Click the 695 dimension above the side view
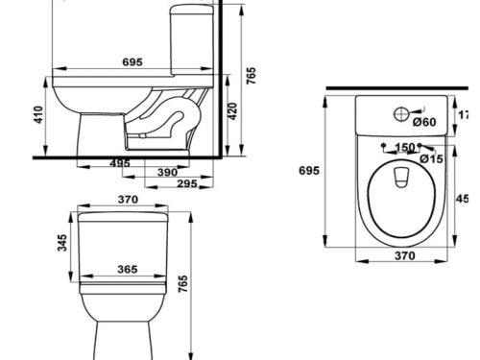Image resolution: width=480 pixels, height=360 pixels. coord(132,61)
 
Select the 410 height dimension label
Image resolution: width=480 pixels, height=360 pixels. coord(38,116)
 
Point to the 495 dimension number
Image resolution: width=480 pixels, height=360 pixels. coord(120,164)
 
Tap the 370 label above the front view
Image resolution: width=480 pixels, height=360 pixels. coord(128,200)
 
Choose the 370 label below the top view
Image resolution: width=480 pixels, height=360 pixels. coord(404,256)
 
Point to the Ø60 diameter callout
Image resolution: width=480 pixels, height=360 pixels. coord(424,122)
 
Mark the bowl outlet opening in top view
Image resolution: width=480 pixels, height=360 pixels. coord(402,176)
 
